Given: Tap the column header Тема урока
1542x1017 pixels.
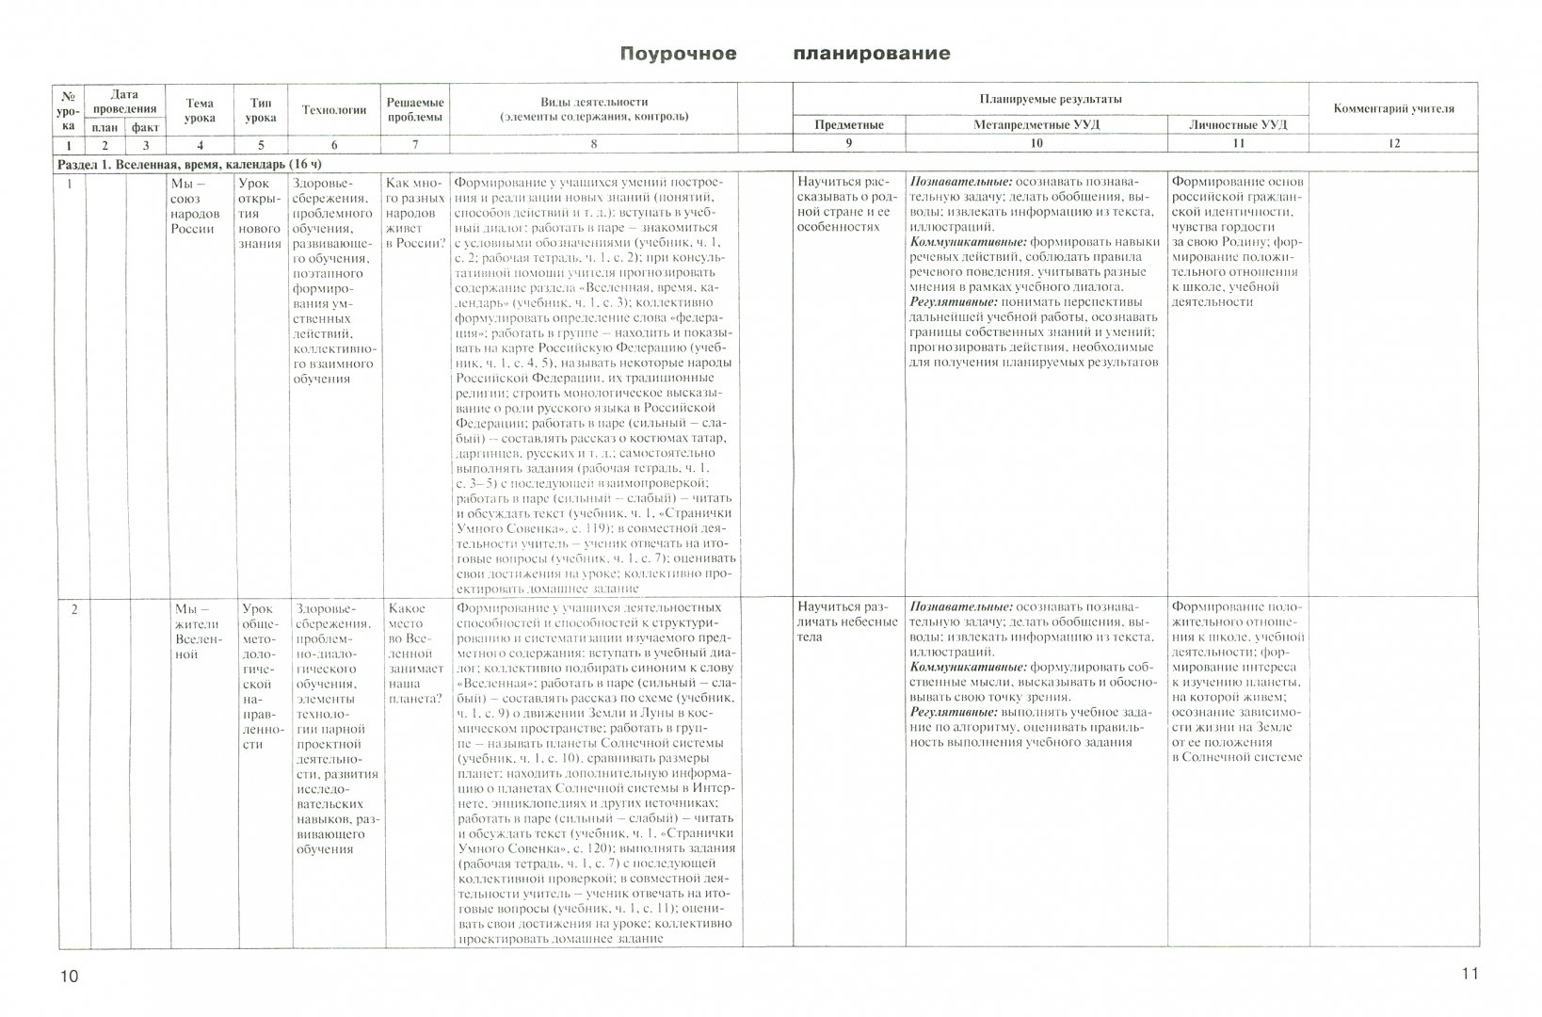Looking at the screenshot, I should coord(200,110).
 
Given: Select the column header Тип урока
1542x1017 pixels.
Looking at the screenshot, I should coord(261,110).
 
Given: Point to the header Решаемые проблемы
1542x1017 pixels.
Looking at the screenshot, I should coord(414,110).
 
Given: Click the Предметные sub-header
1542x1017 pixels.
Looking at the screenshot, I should coord(848,124).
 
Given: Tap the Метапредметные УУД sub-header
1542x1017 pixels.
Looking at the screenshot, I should coord(1036,124).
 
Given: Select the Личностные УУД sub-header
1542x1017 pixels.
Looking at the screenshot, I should coord(1238,124).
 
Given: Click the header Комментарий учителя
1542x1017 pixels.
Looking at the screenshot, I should coord(1393,109).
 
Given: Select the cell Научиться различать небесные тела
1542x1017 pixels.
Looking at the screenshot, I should coord(847,621).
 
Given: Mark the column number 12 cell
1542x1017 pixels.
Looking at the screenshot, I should coord(1393,144).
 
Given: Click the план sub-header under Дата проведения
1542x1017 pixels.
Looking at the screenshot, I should coord(104,126).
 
